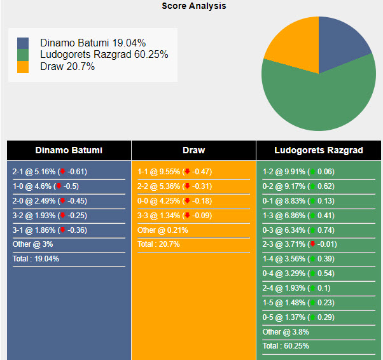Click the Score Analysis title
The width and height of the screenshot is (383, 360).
[x=193, y=6]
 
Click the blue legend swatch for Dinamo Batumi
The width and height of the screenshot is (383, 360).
[x=23, y=43]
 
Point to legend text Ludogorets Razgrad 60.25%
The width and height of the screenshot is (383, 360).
[x=104, y=55]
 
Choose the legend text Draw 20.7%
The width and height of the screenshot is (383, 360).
[x=67, y=66]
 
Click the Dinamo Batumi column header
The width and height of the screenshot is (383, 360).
[x=69, y=151]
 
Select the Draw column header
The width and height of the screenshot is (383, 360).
[x=193, y=151]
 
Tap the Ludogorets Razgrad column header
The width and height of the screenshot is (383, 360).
[x=319, y=151]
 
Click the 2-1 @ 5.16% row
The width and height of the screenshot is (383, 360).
[x=50, y=172]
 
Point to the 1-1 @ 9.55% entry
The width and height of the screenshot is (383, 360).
[x=174, y=172]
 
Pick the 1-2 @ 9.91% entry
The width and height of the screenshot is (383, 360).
[x=298, y=172]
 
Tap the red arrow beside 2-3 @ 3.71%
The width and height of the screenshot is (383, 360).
[x=312, y=245]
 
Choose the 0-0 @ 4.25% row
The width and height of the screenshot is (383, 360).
[x=174, y=201]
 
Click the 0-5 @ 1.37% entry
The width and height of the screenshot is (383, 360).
[x=298, y=317]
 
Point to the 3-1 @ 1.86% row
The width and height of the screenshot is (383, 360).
[x=50, y=230]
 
